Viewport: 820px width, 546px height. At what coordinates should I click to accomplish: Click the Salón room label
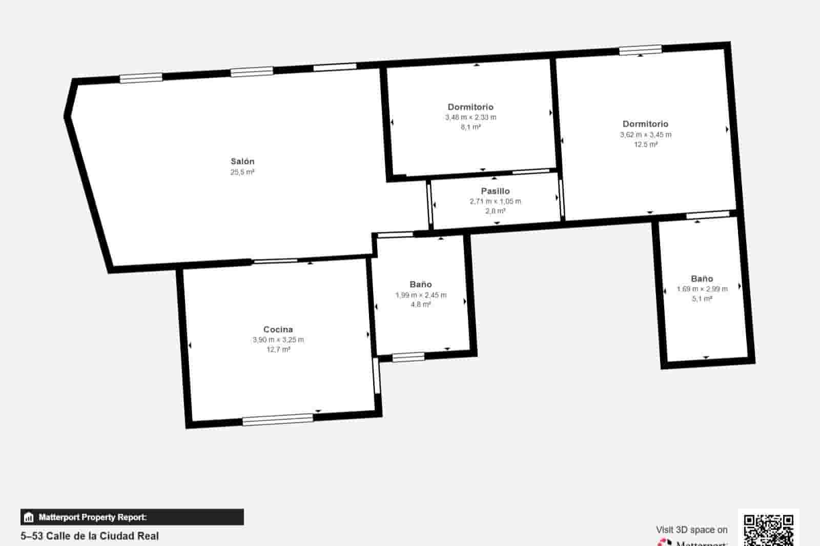(242, 161)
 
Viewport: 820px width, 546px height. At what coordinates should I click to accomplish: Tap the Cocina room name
(278, 330)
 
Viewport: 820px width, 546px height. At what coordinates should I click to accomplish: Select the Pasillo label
(495, 191)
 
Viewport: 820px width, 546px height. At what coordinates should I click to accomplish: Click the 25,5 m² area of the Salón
(242, 172)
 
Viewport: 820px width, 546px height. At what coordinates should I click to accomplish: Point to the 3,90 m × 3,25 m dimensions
(278, 340)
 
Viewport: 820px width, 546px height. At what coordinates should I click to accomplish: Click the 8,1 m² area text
(470, 127)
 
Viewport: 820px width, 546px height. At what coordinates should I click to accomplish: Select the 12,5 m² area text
(645, 145)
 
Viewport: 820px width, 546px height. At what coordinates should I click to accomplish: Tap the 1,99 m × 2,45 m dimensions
(421, 295)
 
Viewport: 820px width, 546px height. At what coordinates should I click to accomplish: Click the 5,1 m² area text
(702, 299)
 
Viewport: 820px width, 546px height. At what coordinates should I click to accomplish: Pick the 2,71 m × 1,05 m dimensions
(495, 201)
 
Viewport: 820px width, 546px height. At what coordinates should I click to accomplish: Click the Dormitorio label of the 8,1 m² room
(470, 107)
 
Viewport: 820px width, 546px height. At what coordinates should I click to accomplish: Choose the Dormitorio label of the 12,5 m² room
(645, 124)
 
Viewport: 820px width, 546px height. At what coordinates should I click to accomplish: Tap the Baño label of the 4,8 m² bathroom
(421, 285)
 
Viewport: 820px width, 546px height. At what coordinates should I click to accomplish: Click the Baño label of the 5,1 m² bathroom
(702, 279)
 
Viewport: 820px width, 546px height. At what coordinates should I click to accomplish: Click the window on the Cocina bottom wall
(278, 419)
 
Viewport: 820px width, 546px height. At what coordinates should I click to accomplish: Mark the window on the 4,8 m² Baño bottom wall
(408, 357)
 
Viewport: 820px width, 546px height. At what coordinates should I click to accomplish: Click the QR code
(768, 529)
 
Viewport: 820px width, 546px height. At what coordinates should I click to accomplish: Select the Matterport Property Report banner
(132, 517)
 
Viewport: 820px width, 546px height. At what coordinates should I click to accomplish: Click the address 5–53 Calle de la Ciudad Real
(90, 536)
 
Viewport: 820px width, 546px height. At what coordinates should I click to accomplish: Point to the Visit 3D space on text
(691, 530)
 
